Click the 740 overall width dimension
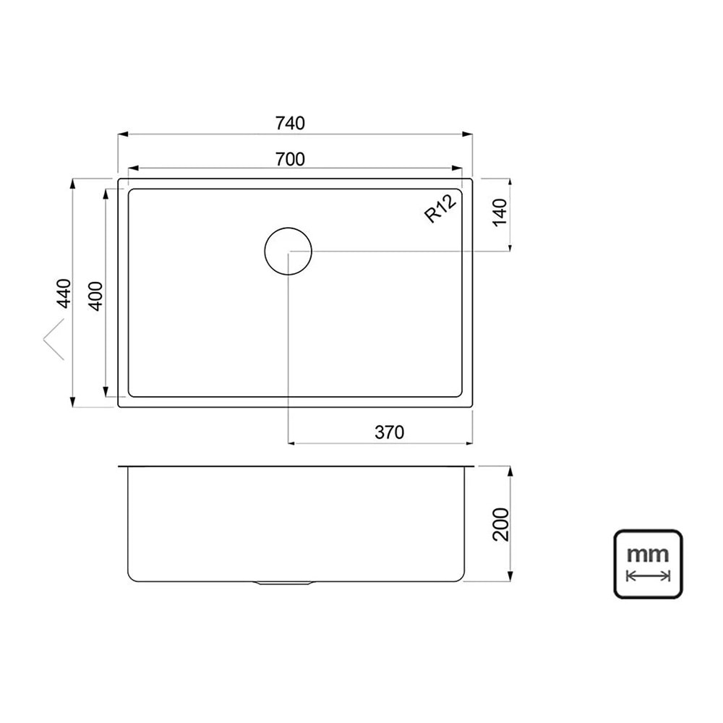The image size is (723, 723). [x=290, y=123]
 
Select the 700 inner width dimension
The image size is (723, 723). [x=290, y=159]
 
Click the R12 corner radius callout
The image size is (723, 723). [x=440, y=209]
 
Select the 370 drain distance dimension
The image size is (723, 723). [x=389, y=432]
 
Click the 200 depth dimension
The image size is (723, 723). [x=501, y=524]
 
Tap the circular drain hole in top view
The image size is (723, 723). [x=288, y=251]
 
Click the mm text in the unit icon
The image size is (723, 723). [x=647, y=555]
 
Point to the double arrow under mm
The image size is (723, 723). [x=648, y=576]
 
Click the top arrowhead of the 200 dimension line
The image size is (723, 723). [x=511, y=471]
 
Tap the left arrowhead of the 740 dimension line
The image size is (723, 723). [x=123, y=134]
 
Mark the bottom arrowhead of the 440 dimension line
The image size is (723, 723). [x=73, y=402]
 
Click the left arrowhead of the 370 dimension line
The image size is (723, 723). [x=293, y=442]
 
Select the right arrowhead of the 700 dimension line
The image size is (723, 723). [x=457, y=169]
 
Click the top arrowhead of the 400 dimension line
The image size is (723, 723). [x=107, y=194]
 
